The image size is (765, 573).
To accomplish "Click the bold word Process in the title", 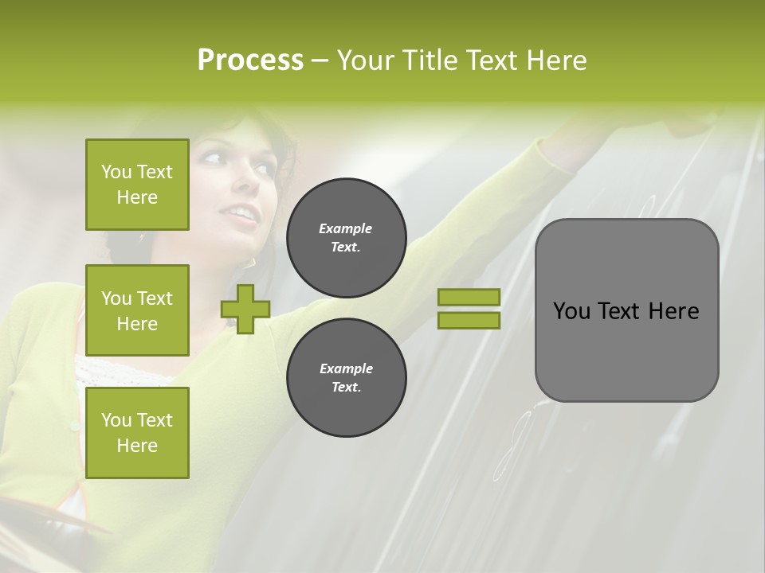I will pyautogui.click(x=250, y=60).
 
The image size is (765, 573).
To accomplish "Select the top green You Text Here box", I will pyautogui.click(x=137, y=185).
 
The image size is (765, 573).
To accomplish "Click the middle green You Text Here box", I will pyautogui.click(x=137, y=310).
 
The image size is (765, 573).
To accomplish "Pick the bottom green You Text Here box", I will pyautogui.click(x=137, y=432).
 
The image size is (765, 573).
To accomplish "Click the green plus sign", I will pyautogui.click(x=245, y=310).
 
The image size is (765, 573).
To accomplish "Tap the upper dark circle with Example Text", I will pyautogui.click(x=346, y=237).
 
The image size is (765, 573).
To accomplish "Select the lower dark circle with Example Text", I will pyautogui.click(x=346, y=377).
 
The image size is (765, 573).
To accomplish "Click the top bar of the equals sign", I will pyautogui.click(x=469, y=298).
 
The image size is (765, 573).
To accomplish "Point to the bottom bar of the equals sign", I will pyautogui.click(x=469, y=320).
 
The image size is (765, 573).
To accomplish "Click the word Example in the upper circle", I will pyautogui.click(x=346, y=228).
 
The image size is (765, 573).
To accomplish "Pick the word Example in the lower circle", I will pyautogui.click(x=346, y=368).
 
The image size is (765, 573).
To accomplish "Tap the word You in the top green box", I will pyautogui.click(x=116, y=172).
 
